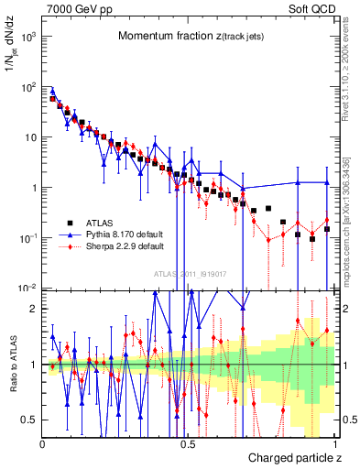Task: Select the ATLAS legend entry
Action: pos(104,223)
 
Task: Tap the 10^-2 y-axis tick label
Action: pos(28,288)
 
